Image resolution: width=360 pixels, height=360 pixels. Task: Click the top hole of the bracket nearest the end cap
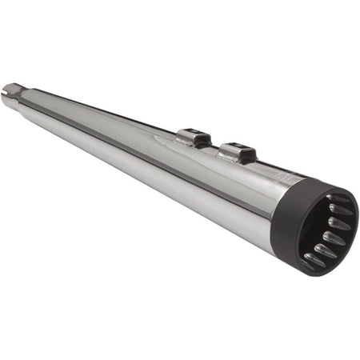tap(234, 146)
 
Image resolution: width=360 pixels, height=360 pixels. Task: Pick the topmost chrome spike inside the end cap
tap(339, 199)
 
